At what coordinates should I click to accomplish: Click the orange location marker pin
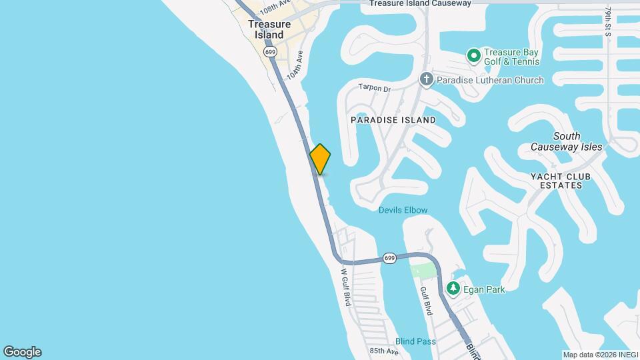pos(321,159)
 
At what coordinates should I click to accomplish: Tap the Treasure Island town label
pos(269,29)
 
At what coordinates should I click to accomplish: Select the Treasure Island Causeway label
pos(420,3)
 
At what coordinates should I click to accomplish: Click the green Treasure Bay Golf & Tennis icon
pos(474,56)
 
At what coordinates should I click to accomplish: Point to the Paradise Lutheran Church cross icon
pos(427,80)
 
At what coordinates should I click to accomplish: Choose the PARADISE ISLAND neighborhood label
pos(393,120)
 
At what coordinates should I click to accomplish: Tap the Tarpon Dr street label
pos(374,88)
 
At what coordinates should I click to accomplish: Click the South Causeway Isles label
pos(566,141)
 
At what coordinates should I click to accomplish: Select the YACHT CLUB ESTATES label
pos(561,181)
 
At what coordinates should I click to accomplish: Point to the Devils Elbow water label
pos(403,210)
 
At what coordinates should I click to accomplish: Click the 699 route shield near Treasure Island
pos(270,51)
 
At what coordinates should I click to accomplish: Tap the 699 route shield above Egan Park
pos(390,258)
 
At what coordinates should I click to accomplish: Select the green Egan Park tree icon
pos(453,288)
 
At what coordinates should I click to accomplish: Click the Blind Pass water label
pos(415,341)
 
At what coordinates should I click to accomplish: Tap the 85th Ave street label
pos(383,351)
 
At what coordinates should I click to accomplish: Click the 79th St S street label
pos(609,22)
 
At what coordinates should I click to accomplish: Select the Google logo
pos(22,352)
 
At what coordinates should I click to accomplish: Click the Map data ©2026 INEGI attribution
pos(599,355)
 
